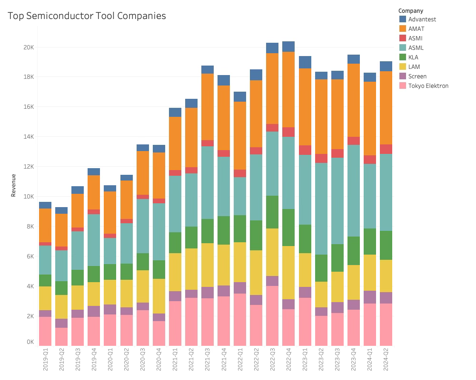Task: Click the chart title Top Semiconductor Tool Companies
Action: click(87, 16)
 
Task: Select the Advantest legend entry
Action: click(422, 19)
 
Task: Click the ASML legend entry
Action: click(416, 48)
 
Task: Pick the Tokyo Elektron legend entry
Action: click(428, 86)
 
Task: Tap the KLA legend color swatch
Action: click(403, 57)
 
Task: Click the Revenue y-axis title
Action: click(13, 186)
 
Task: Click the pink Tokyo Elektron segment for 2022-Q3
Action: click(272, 315)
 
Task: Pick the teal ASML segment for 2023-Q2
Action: click(321, 209)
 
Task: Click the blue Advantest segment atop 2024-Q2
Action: click(386, 66)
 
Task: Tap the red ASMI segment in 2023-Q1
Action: click(305, 150)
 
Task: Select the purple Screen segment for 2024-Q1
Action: click(370, 297)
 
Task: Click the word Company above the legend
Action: click(411, 11)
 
